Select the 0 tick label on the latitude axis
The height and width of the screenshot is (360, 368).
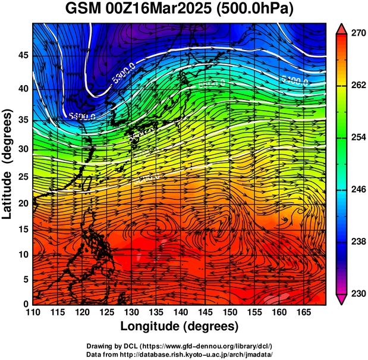click(x=25, y=304)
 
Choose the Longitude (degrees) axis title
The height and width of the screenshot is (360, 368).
click(x=180, y=326)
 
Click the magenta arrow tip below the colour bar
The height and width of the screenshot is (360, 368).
click(x=342, y=300)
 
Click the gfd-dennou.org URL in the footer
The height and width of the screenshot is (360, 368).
click(x=203, y=346)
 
